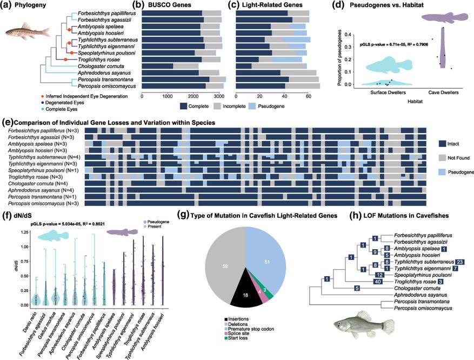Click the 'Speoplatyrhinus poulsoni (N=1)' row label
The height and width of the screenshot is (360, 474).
[41, 168]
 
